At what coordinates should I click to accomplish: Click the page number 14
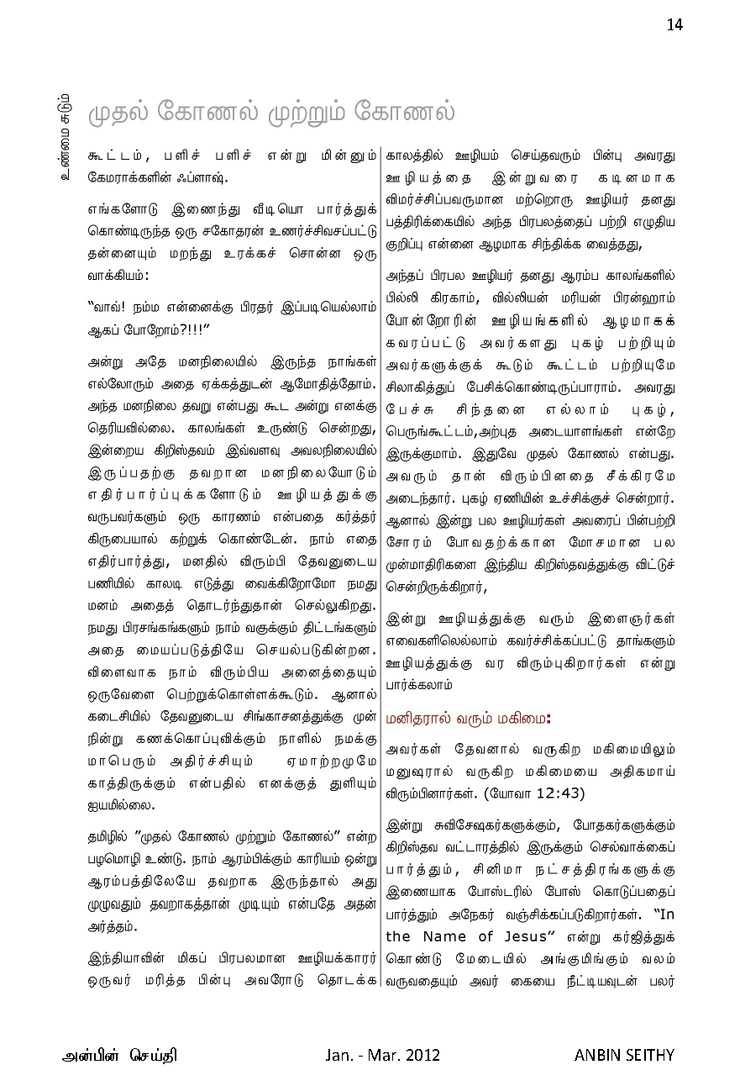674,25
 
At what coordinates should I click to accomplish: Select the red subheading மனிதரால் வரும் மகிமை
468,719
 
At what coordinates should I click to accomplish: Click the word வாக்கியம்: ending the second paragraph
118,275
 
